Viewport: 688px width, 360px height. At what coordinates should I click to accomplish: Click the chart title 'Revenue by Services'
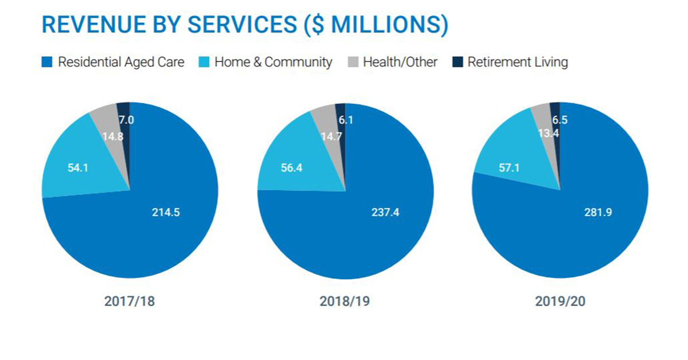tap(245, 25)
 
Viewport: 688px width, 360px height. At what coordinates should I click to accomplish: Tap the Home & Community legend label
tap(273, 62)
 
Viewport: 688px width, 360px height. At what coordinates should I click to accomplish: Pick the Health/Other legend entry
tap(400, 62)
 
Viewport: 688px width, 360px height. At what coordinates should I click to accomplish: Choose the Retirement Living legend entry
tap(517, 62)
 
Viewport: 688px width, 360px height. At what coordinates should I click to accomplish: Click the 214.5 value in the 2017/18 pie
tap(166, 212)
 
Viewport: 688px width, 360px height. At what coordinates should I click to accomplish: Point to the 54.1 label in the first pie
tap(69, 169)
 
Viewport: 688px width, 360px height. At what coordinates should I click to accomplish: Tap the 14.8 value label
tap(113, 137)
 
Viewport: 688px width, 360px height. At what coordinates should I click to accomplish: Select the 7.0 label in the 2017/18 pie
tap(126, 120)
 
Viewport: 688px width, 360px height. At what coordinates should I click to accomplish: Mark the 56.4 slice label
tap(285, 169)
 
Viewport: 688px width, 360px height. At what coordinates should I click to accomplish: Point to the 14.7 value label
tap(327, 137)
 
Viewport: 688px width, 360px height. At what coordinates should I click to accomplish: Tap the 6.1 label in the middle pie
tap(343, 120)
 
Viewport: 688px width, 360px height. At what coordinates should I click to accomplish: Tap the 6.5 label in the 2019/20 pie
tap(560, 120)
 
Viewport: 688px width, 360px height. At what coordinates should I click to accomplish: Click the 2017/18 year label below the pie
tap(130, 302)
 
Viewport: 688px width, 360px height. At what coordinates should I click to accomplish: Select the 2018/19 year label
tap(345, 302)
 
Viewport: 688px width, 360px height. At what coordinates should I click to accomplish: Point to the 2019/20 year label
tap(560, 302)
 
